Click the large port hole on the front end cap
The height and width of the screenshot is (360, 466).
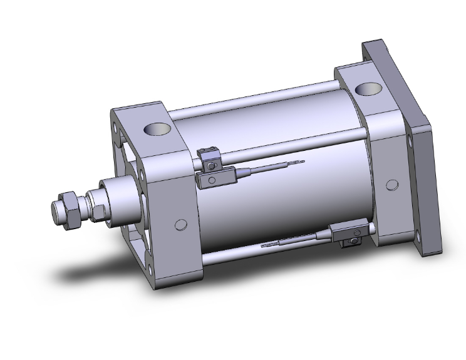[157, 130]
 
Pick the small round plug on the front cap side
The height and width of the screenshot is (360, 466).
[180, 225]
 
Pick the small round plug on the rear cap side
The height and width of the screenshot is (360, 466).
[391, 185]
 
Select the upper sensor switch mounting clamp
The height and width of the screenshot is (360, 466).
[208, 157]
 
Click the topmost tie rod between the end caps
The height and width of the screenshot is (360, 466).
[251, 100]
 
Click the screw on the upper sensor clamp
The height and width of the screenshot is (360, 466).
[212, 165]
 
